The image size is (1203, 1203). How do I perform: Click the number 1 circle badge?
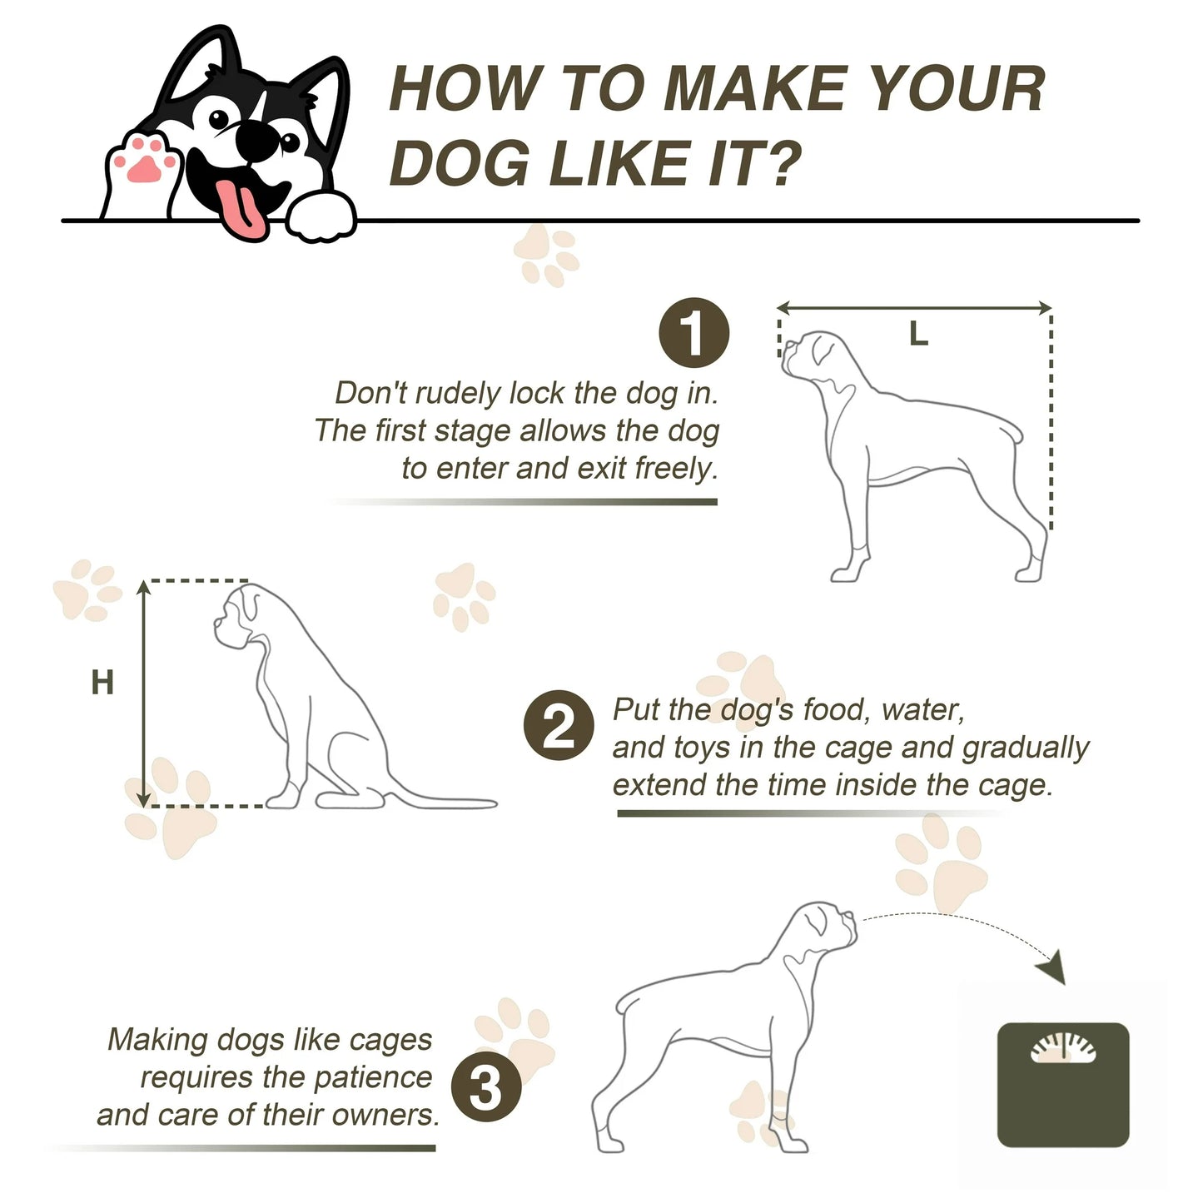click(x=693, y=333)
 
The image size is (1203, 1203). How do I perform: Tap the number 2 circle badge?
click(x=559, y=725)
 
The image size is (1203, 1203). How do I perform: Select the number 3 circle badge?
click(x=486, y=1086)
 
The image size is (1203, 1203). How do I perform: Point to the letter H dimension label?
click(x=102, y=682)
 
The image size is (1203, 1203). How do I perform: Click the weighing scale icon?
click(x=1063, y=1085)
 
